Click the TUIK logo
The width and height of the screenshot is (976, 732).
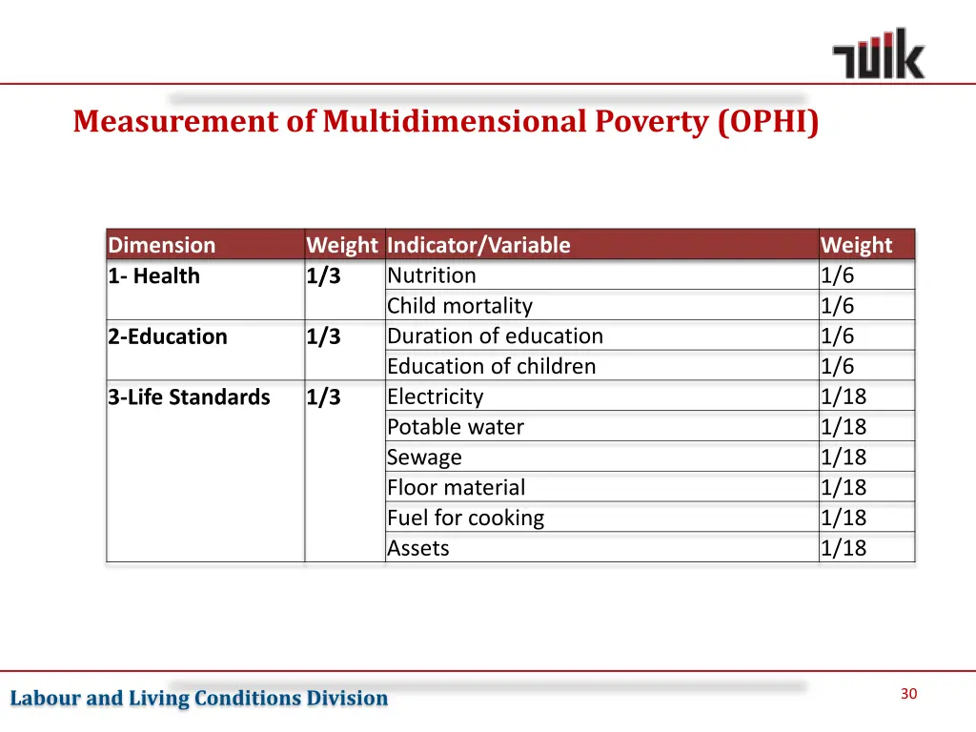[878, 53]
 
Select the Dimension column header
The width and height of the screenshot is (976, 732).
[162, 245]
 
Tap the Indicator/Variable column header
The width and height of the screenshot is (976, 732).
[478, 245]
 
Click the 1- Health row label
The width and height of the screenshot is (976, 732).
[154, 276]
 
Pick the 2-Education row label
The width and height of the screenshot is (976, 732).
[168, 336]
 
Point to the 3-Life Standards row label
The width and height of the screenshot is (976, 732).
[189, 397]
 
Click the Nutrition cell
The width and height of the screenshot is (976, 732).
[432, 275]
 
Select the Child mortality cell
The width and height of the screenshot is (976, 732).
[459, 306]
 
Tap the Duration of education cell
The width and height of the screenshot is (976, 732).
[495, 336]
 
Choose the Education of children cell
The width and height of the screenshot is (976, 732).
[491, 366]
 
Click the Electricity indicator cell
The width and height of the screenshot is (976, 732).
[436, 396]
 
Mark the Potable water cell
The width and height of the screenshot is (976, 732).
[456, 427]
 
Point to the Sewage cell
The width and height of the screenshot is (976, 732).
[424, 457]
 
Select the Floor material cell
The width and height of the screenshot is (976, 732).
[456, 488]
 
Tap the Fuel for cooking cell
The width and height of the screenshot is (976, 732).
[465, 518]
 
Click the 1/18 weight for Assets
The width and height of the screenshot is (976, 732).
[844, 548]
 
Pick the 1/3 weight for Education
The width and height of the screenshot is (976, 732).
[323, 336]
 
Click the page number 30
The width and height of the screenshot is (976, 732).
[908, 694]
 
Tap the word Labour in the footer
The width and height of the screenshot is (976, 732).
[45, 699]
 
